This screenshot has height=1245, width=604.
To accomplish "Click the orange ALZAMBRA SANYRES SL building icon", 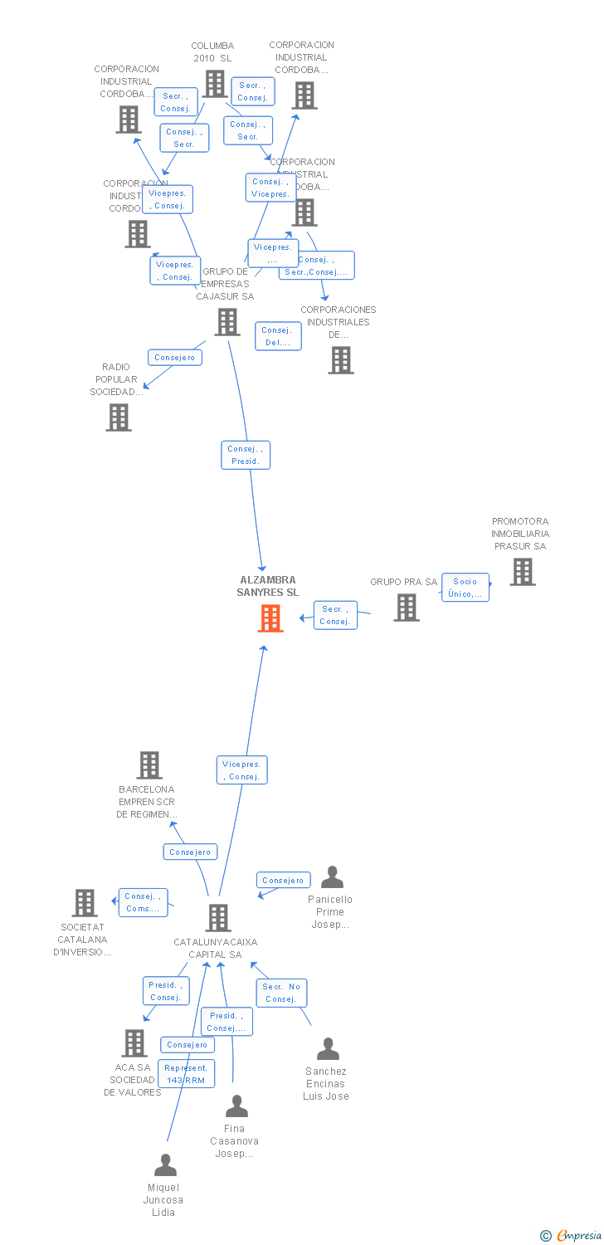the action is click(x=270, y=618).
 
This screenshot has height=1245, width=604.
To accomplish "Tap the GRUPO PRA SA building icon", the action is click(x=407, y=608).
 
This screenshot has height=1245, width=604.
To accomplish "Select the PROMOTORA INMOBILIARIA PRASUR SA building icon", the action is click(x=522, y=572).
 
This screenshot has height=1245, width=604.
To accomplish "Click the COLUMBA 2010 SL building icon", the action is click(x=215, y=84).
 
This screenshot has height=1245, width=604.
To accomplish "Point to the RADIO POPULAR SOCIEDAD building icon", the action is click(x=119, y=417).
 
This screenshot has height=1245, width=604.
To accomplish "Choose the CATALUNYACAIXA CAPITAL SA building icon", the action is click(x=218, y=918).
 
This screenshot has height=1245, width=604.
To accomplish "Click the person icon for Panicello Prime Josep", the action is click(x=332, y=877).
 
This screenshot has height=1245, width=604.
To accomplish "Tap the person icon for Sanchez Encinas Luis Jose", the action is click(x=328, y=1049).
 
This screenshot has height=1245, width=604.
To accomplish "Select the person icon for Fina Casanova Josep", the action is click(x=237, y=1106).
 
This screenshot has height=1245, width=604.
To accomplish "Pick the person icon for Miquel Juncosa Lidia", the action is click(x=165, y=1165).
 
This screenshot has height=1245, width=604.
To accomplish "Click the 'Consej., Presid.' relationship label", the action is click(x=246, y=455).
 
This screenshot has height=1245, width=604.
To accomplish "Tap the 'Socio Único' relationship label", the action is click(x=465, y=588).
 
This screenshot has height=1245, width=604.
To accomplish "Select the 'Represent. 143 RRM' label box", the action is click(x=187, y=1074).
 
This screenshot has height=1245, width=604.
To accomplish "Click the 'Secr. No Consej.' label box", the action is click(x=281, y=993).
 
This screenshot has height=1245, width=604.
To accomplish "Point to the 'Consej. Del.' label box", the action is click(x=278, y=336).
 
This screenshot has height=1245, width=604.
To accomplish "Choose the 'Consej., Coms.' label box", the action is click(x=144, y=902).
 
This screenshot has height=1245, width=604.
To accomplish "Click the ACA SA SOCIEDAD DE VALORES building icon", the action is click(x=134, y=1043).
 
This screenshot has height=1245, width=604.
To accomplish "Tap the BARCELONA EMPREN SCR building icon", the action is click(x=149, y=765).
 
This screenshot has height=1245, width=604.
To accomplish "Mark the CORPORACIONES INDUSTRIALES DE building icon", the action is click(x=341, y=360).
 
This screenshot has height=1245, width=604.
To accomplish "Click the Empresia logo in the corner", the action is click(x=572, y=1236).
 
